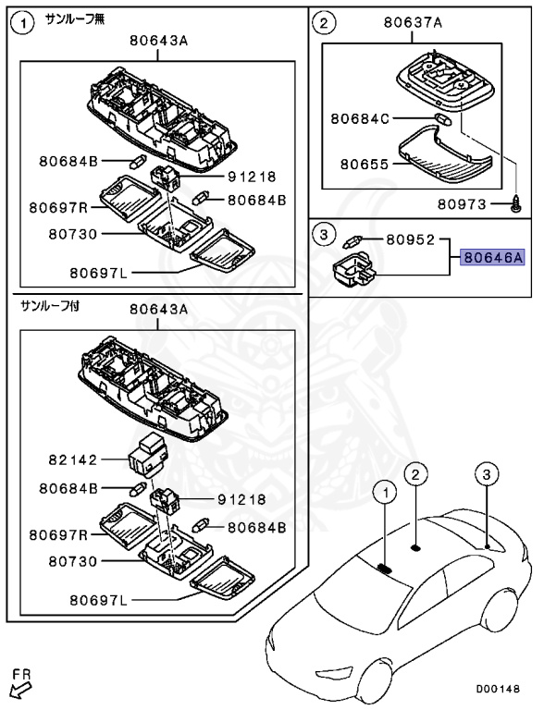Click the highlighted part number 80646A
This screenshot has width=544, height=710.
493,258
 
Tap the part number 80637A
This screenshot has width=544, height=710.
413,22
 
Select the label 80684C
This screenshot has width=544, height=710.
360,118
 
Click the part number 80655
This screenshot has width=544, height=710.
365,164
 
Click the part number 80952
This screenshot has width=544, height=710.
410,239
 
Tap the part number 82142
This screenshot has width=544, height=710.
73,460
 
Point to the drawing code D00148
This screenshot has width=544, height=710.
498,689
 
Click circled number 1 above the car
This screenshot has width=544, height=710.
385,492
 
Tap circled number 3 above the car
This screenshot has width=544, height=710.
487,474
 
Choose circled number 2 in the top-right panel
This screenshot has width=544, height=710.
324,23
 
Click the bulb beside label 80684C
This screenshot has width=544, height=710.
443,119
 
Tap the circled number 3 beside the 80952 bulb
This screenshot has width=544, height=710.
324,234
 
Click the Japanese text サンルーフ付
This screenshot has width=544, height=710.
50,306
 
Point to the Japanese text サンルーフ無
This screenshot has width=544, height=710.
75,19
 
